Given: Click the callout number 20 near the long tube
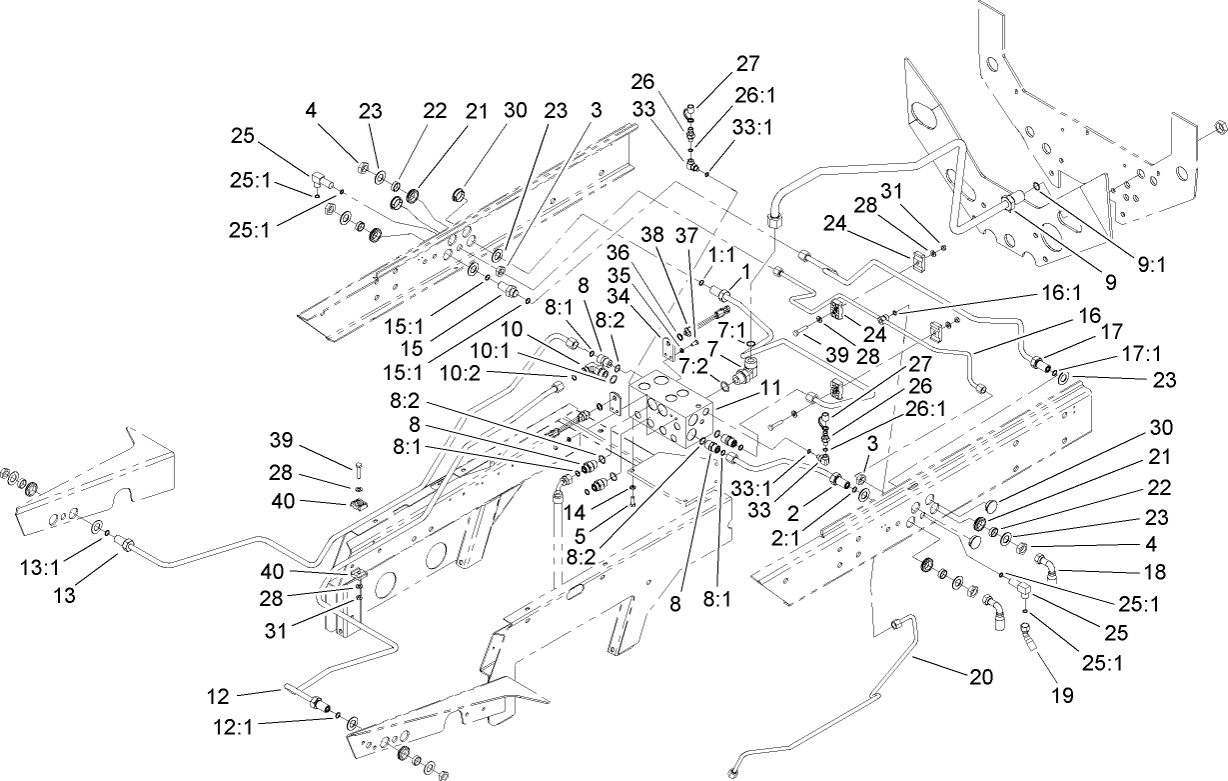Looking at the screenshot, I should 980,676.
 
